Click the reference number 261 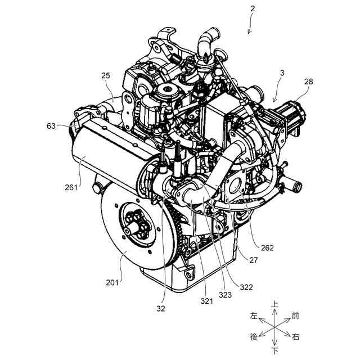click(71, 187)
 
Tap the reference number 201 click(112, 282)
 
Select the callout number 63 click(51, 126)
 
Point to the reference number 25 click(106, 75)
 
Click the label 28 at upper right click(309, 82)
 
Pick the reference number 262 click(267, 247)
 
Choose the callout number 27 click(253, 260)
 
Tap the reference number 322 click(246, 287)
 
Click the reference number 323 click(225, 295)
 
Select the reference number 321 click(207, 301)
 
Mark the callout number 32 click(161, 309)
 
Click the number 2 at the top click(253, 9)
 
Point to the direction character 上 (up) click(275, 304)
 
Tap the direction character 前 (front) click(295, 316)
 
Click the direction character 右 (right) click(295, 337)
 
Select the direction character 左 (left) click(254, 316)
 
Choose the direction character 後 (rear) click(254, 337)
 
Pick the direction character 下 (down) click(275, 351)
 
